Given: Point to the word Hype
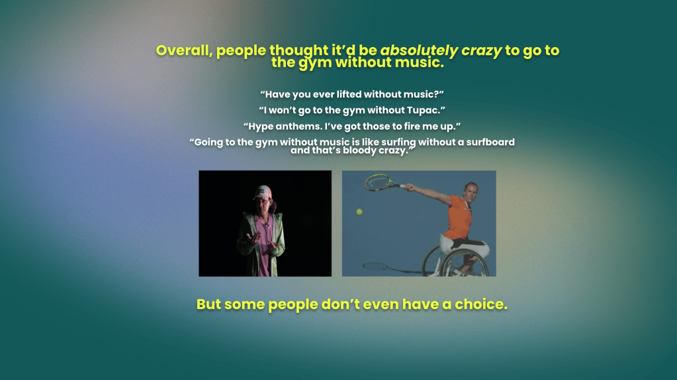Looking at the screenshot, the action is pos(260,126).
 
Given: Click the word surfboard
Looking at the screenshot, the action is pos(490,142).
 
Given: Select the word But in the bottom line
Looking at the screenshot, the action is pos(208,304).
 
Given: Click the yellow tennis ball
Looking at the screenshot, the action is pos(359,212).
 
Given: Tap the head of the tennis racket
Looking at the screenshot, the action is pos(378,182).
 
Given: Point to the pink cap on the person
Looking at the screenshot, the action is pos(263,192).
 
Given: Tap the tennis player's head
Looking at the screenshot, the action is pos(471,192).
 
